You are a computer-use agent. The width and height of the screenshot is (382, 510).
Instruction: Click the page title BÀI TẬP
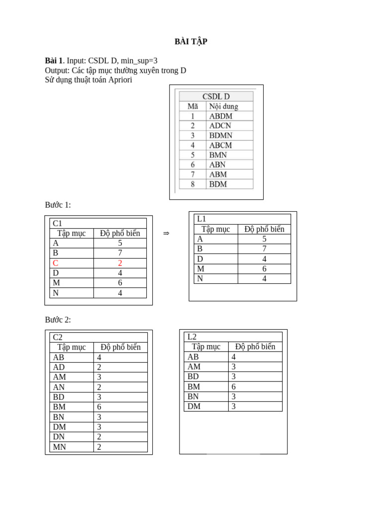pyautogui.click(x=191, y=42)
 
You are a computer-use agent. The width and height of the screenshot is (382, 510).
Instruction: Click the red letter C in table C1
pyautogui.click(x=56, y=263)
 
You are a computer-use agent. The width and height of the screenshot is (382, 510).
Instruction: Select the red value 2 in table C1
pyautogui.click(x=120, y=263)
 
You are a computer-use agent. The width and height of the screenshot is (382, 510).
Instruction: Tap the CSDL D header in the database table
pyautogui.click(x=216, y=97)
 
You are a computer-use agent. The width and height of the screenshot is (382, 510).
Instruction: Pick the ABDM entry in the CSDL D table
pyautogui.click(x=220, y=116)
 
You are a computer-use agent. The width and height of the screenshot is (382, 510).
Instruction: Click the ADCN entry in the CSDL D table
pyautogui.click(x=220, y=126)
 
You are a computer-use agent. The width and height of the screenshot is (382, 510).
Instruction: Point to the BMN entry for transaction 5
pyautogui.click(x=218, y=155)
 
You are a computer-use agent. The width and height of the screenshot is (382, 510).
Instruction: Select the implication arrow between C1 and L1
pyautogui.click(x=166, y=233)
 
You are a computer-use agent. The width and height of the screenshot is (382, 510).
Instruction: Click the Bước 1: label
pyautogui.click(x=58, y=205)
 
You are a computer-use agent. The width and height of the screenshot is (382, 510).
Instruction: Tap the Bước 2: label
pyautogui.click(x=58, y=320)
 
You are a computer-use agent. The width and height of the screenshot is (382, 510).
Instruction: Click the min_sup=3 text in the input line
pyautogui.click(x=139, y=61)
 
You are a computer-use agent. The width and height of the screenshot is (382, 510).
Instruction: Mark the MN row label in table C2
pyautogui.click(x=59, y=447)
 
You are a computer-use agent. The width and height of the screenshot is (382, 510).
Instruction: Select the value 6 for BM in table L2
pyautogui.click(x=233, y=386)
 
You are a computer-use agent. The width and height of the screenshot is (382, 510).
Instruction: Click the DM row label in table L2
pyautogui.click(x=193, y=406)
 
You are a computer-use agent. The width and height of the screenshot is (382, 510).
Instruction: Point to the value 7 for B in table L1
pyautogui.click(x=264, y=249)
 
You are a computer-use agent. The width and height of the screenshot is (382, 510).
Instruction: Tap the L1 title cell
pyautogui.click(x=201, y=219)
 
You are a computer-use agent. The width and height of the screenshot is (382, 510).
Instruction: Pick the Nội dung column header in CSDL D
pyautogui.click(x=223, y=106)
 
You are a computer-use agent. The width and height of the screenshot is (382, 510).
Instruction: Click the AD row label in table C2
pyautogui.click(x=59, y=367)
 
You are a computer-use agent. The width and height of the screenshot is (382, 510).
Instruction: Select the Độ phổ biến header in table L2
pyautogui.click(x=255, y=347)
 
